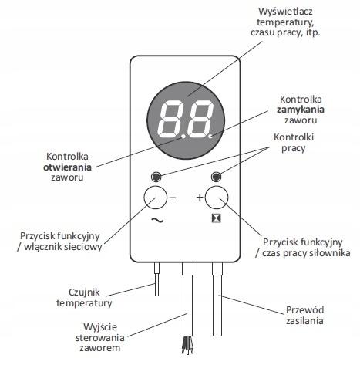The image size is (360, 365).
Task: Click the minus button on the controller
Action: tap(155, 198)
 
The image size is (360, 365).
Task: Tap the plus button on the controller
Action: tap(217, 198)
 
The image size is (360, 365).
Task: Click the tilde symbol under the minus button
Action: tap(157, 220)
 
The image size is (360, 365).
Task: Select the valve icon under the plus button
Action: tap(217, 218)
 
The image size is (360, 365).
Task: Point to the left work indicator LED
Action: tap(156, 177)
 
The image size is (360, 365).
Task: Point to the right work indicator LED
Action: tap(216, 177)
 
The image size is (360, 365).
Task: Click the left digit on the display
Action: tap(171, 119)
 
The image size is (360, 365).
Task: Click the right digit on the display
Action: tap(200, 119)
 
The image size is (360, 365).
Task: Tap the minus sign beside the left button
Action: tap(173, 198)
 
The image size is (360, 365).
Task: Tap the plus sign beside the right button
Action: tap(200, 198)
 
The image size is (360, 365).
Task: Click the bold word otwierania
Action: tap(67, 167)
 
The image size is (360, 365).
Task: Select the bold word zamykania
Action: tap(301, 110)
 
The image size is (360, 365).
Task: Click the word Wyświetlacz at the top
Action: tap(285, 12)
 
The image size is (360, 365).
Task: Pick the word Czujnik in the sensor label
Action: tap(84, 292)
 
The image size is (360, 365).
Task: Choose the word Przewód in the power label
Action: tap(304, 310)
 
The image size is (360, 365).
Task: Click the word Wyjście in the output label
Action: tap(100, 327)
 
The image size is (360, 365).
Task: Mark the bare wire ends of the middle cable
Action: tap(187, 345)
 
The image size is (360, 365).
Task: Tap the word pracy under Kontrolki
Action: tap(293, 148)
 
